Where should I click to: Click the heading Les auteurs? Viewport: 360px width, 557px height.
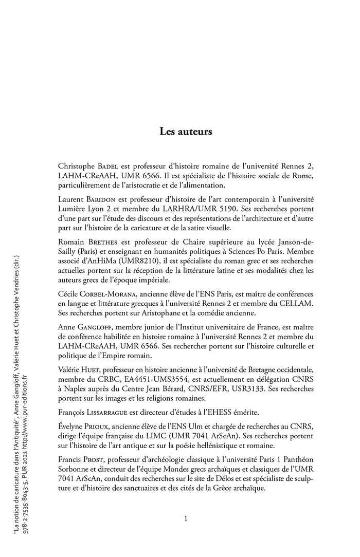186,132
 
